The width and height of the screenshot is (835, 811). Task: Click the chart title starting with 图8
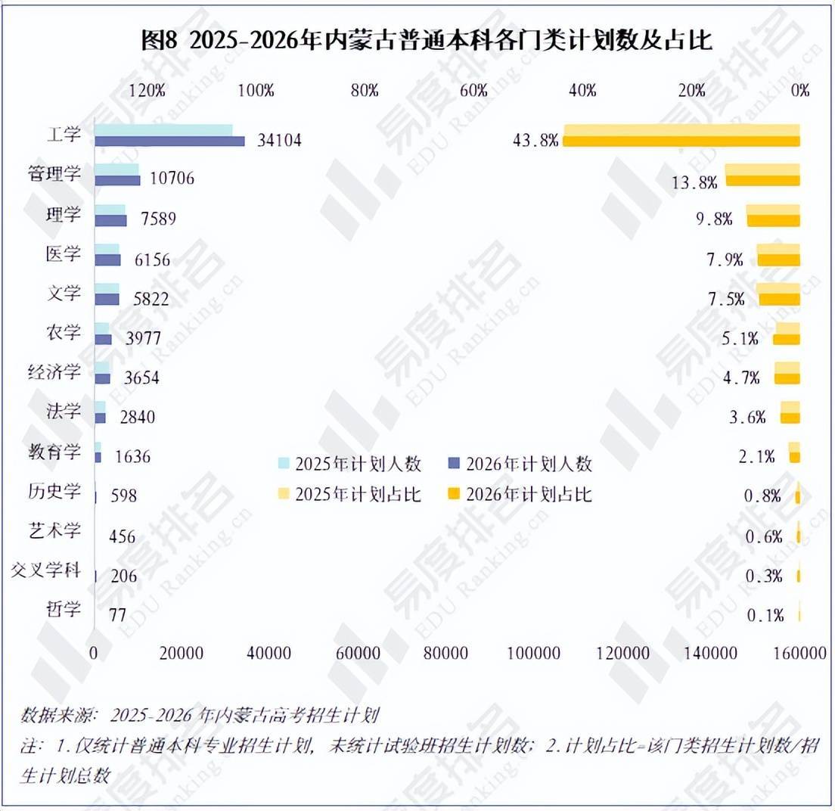click(x=426, y=40)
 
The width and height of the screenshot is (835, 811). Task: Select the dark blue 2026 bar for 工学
click(x=170, y=141)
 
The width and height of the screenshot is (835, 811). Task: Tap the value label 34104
click(x=279, y=140)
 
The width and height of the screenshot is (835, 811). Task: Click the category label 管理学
click(x=54, y=173)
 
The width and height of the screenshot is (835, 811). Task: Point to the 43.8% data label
click(x=535, y=140)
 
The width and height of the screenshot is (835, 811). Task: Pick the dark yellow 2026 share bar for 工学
click(x=681, y=141)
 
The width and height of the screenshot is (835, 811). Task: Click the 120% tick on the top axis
click(x=147, y=91)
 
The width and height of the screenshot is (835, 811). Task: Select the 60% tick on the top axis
click(x=473, y=91)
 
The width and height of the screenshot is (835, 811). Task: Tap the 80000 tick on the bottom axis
click(x=445, y=653)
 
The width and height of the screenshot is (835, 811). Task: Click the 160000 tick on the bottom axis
click(x=800, y=653)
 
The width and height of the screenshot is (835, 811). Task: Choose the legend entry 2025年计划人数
click(x=350, y=464)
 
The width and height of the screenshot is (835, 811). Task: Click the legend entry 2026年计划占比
click(x=520, y=494)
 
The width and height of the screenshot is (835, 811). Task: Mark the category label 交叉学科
click(x=46, y=570)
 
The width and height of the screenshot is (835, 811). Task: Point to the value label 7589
click(x=158, y=219)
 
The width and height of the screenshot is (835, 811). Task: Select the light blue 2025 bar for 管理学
click(x=117, y=169)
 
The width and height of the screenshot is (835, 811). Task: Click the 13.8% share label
click(x=694, y=182)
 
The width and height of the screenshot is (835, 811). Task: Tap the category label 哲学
click(x=64, y=609)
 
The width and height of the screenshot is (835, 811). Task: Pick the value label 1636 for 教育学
click(x=132, y=456)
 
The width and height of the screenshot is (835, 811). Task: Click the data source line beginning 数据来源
click(x=200, y=715)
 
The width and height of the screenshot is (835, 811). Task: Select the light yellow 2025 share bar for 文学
click(x=778, y=288)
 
